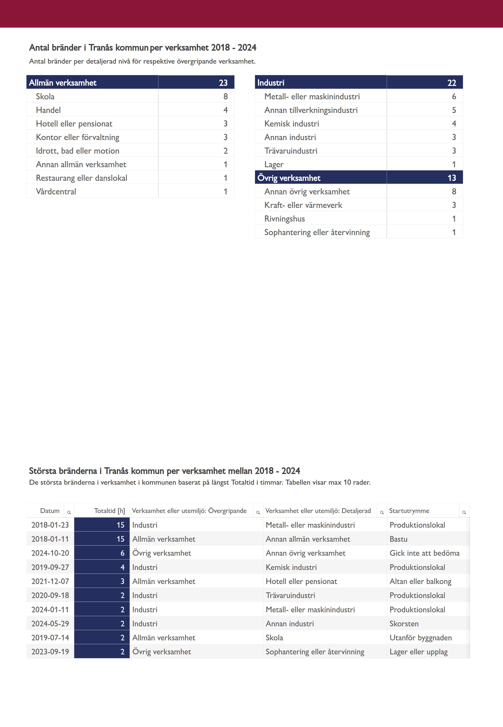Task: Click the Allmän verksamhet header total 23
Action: [223, 83]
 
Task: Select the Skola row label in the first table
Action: [45, 96]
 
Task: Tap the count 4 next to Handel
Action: [225, 110]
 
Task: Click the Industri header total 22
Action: [451, 83]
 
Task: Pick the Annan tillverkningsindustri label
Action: [311, 110]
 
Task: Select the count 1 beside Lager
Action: [454, 164]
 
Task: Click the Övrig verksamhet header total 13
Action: [451, 178]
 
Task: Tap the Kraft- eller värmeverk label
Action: [303, 205]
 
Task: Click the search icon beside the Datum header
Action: [69, 512]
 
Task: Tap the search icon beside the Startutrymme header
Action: [464, 512]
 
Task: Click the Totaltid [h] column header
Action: [109, 510]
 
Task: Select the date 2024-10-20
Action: [50, 553]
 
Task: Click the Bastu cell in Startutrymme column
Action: [398, 539]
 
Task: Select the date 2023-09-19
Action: [50, 651]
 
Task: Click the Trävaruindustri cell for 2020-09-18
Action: [290, 595]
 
